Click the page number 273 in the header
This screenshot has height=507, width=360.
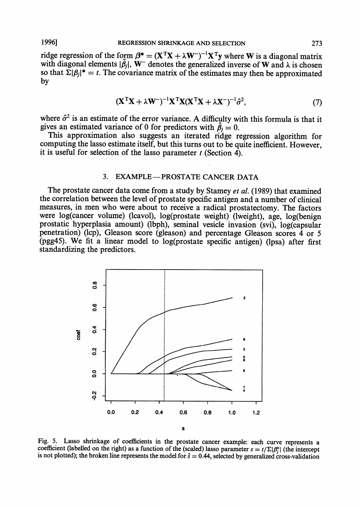tap(315, 43)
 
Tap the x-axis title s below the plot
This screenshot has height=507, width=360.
tap(183, 429)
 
